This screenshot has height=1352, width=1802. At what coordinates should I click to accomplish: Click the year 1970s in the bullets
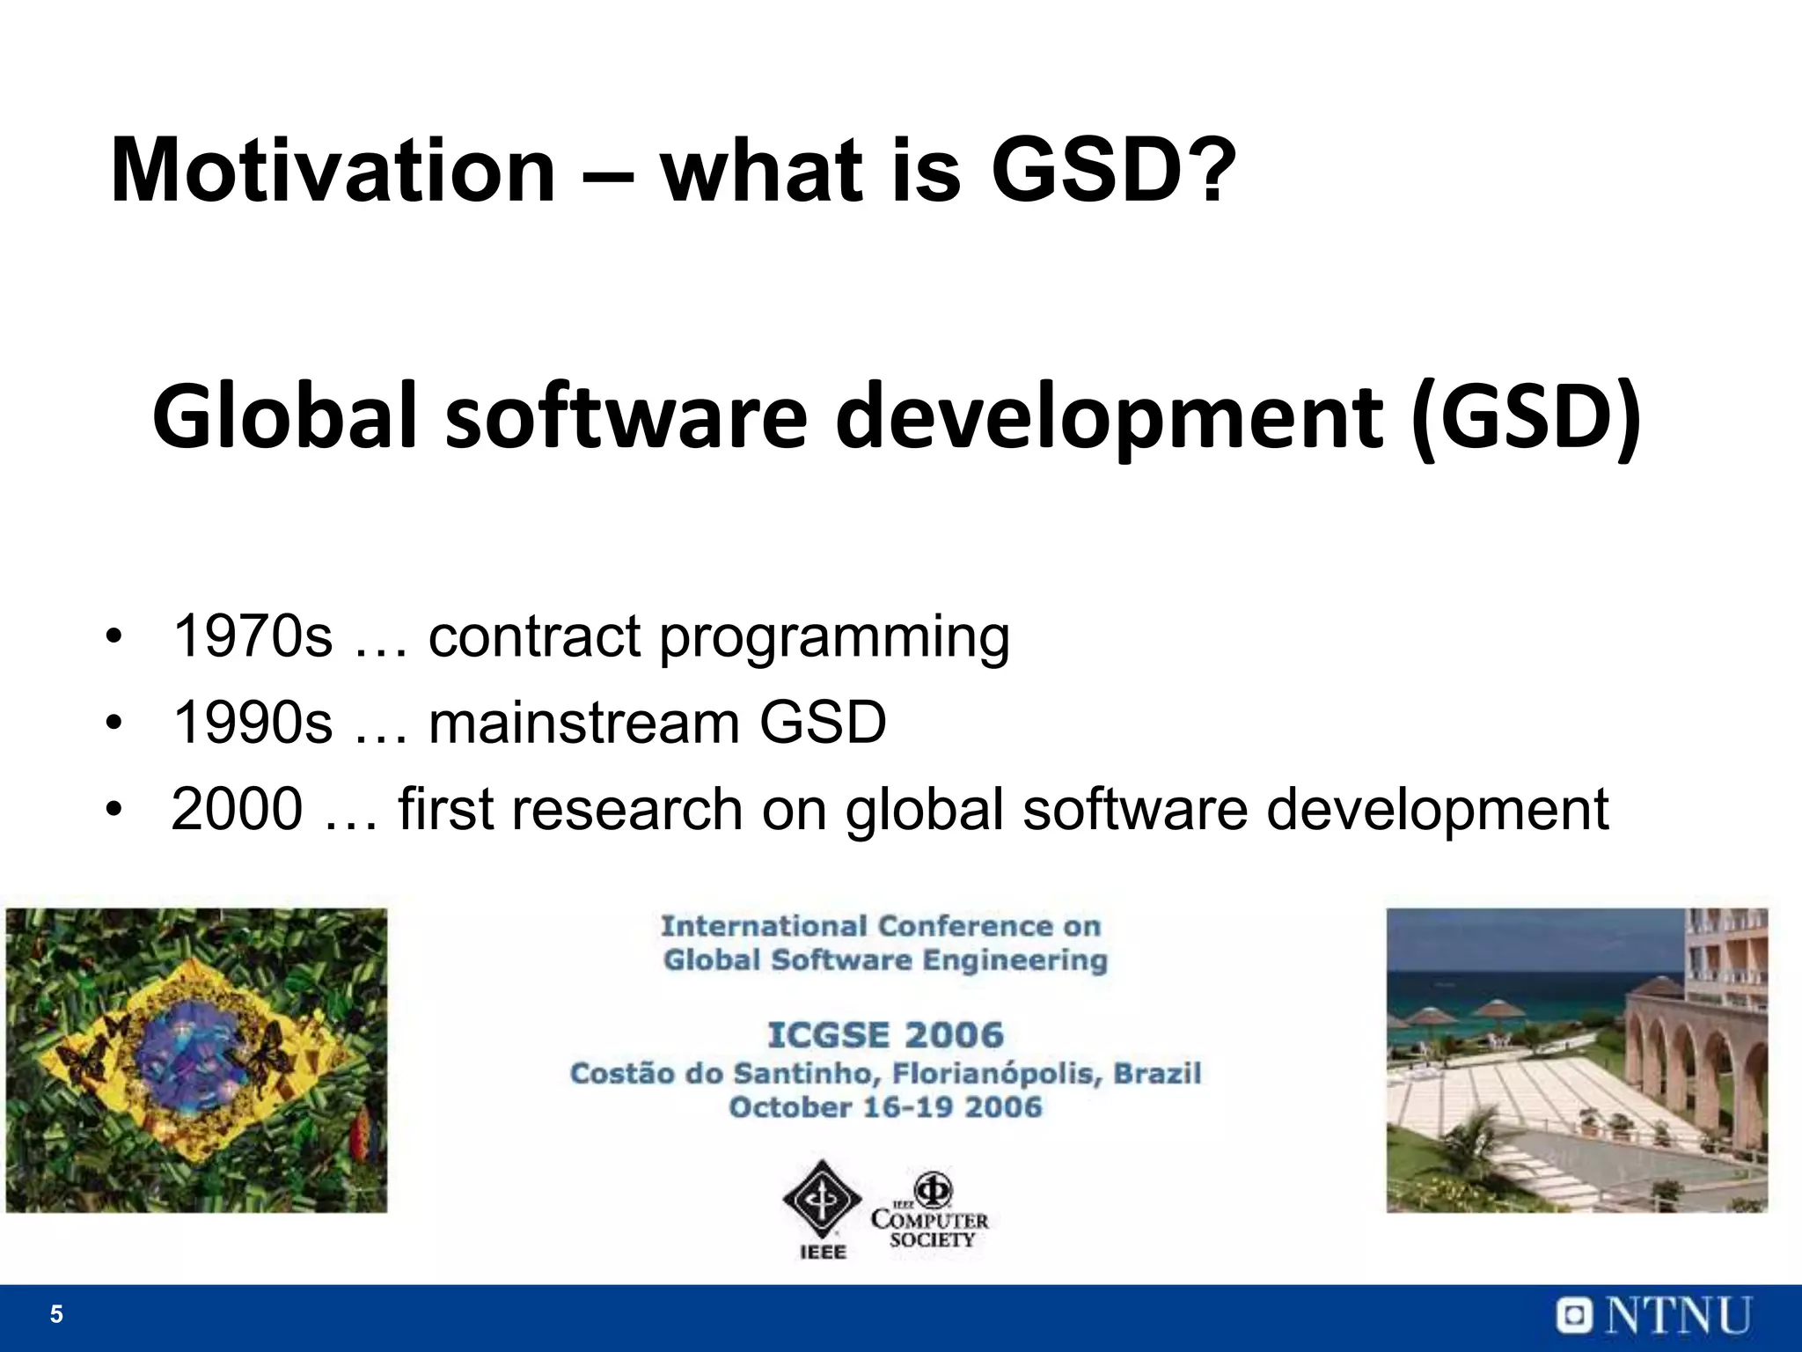[253, 636]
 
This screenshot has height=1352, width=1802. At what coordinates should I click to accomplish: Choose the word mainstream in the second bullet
[583, 723]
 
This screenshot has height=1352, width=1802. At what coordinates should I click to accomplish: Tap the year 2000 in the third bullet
[237, 809]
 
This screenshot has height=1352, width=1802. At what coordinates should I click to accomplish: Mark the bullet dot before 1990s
[113, 724]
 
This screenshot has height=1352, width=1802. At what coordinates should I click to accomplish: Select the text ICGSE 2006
[885, 1035]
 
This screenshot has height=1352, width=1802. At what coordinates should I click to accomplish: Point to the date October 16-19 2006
[885, 1107]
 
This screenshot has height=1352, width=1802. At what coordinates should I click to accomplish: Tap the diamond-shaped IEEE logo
[822, 1201]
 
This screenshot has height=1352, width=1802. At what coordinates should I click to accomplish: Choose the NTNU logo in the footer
[1654, 1316]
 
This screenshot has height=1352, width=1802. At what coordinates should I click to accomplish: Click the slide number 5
[56, 1314]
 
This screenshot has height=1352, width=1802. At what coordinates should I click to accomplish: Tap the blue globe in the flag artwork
[196, 1059]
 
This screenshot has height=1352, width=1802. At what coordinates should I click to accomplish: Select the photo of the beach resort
[1577, 1060]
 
